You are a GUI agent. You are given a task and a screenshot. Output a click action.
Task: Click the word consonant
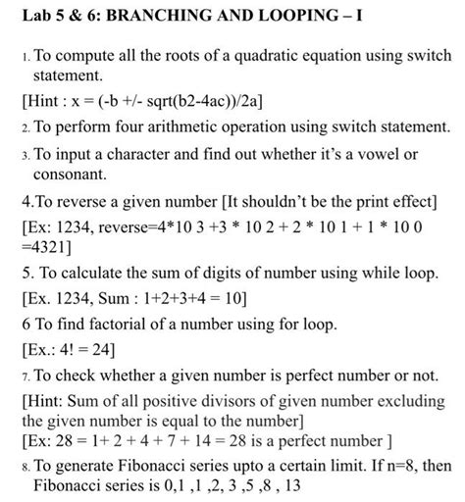(x=71, y=175)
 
